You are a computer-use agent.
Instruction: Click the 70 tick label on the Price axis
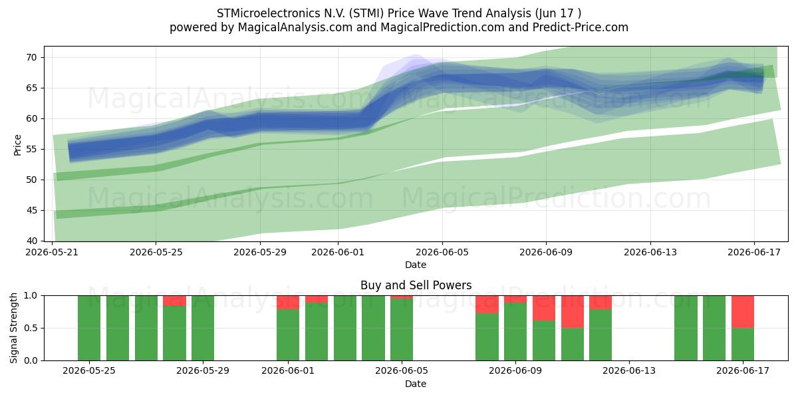[x=31, y=57]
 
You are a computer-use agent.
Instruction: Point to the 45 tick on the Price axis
[x=31, y=210]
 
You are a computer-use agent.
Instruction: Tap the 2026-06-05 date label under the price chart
[x=442, y=252]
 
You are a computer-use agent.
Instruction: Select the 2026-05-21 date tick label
[x=52, y=252]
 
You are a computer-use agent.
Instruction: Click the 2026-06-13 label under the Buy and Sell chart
[x=629, y=370]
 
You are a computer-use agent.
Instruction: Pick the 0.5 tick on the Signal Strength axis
[x=31, y=328]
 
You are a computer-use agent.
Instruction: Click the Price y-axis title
[x=17, y=145]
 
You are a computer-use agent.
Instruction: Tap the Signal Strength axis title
[x=13, y=328]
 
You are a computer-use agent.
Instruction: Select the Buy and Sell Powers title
[x=416, y=285]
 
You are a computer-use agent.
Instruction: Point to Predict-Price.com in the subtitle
[x=581, y=27]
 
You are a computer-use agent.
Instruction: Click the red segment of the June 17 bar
[x=743, y=312]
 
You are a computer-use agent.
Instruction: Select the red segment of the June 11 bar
[x=573, y=312]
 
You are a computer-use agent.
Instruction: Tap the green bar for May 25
[x=89, y=328]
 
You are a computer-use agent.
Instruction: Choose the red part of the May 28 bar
[x=174, y=301]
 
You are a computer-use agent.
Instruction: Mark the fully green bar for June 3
[x=345, y=328]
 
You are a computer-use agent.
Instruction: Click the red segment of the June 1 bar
[x=288, y=303]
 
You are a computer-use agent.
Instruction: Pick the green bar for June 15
[x=686, y=328]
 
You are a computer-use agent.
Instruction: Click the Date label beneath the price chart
[x=416, y=265]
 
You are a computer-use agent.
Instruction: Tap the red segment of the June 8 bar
[x=487, y=305]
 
